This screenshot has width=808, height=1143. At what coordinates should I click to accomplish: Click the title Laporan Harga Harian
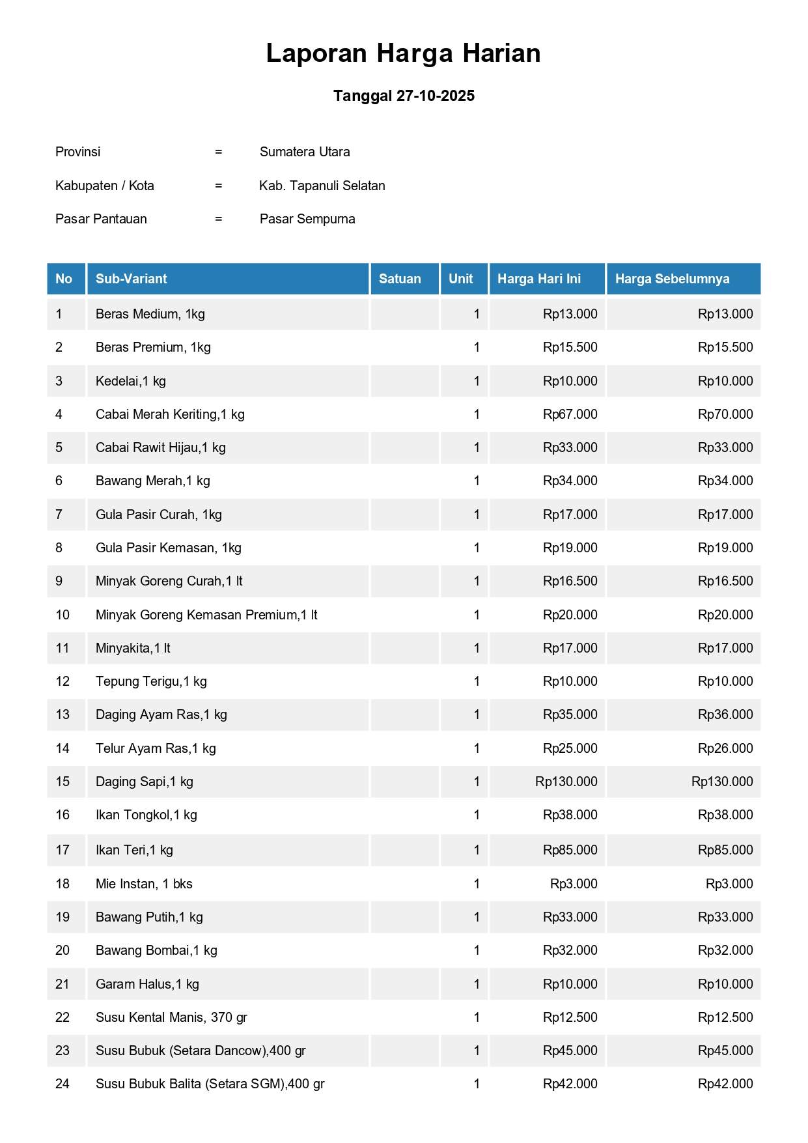click(x=403, y=53)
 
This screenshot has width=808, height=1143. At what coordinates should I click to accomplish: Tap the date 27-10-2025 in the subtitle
click(x=435, y=96)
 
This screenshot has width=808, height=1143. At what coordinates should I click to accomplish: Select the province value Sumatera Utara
click(x=305, y=152)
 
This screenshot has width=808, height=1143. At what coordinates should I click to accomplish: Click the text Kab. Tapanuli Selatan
click(x=322, y=186)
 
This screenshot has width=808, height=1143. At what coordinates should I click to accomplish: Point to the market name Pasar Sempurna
click(x=307, y=219)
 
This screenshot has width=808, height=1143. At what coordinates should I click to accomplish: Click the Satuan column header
click(x=400, y=279)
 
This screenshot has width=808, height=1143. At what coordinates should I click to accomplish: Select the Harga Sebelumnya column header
click(x=672, y=279)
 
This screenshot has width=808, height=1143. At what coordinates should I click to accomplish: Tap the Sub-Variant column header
click(x=132, y=279)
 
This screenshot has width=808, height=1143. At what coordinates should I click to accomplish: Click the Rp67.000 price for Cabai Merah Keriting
click(x=570, y=414)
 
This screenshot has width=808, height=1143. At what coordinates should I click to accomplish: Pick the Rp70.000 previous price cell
click(x=725, y=414)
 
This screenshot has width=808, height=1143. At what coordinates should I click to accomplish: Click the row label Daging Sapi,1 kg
click(x=145, y=782)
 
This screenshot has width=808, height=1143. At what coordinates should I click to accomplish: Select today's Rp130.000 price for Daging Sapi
click(x=566, y=782)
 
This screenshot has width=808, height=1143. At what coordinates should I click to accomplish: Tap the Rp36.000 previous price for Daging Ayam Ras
click(x=725, y=714)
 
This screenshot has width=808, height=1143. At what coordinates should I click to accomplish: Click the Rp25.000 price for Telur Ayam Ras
click(x=570, y=748)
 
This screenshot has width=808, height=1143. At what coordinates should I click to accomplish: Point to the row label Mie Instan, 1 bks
click(x=144, y=884)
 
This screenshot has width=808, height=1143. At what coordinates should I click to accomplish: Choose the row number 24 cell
click(x=63, y=1084)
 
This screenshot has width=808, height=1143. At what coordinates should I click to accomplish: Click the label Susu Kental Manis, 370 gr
click(x=171, y=1017)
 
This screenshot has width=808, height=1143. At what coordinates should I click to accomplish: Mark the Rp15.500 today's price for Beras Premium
click(x=570, y=347)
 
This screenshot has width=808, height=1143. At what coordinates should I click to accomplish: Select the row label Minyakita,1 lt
click(x=133, y=648)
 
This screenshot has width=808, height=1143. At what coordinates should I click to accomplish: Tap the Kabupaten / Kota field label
click(x=105, y=186)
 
